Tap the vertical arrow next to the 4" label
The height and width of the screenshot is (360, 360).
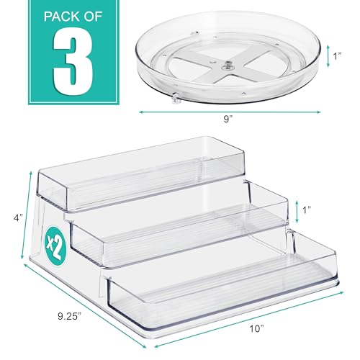[x=28, y=216]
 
